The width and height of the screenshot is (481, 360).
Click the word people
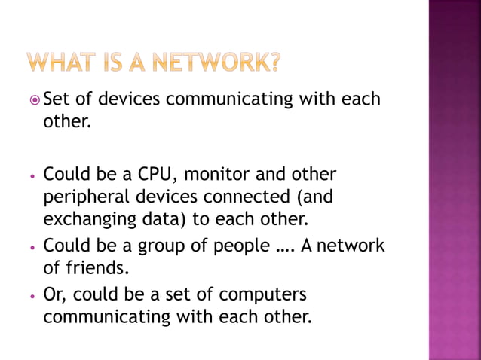coord(234,246)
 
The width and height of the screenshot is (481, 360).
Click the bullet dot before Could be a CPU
coord(32,176)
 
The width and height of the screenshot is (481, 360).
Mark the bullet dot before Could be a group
coord(32,247)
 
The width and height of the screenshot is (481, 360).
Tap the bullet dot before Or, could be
coord(32,294)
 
